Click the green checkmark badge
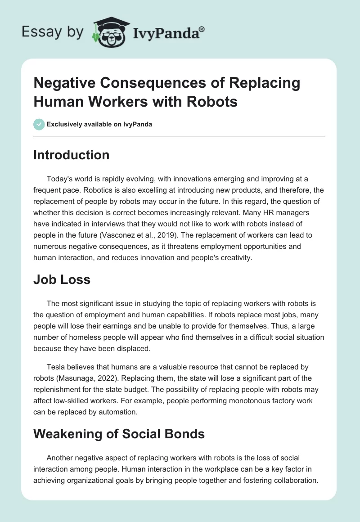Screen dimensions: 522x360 pos(39,124)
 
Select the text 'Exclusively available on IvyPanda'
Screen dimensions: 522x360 pos(99,125)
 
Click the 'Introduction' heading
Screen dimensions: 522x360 pos(71,155)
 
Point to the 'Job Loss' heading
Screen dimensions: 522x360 pos(62,279)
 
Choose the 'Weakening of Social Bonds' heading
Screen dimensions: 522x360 pos(119,434)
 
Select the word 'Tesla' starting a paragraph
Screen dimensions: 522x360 pos(56,355)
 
